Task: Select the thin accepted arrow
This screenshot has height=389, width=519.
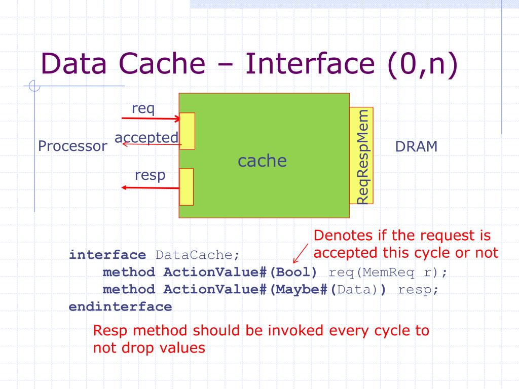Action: pyautogui.click(x=152, y=145)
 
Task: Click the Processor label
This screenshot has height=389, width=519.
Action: pyautogui.click(x=72, y=147)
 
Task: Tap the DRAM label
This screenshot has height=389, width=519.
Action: pyautogui.click(x=416, y=147)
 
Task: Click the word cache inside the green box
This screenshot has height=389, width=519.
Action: pyautogui.click(x=262, y=161)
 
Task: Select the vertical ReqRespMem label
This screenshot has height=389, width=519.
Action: pyautogui.click(x=362, y=157)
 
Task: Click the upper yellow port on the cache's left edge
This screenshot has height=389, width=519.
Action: pyautogui.click(x=187, y=131)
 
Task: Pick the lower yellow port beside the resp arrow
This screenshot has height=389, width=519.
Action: pyautogui.click(x=187, y=186)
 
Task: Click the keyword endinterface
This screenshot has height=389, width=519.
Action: pyautogui.click(x=120, y=307)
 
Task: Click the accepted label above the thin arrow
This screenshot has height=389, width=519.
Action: pyautogui.click(x=146, y=138)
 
